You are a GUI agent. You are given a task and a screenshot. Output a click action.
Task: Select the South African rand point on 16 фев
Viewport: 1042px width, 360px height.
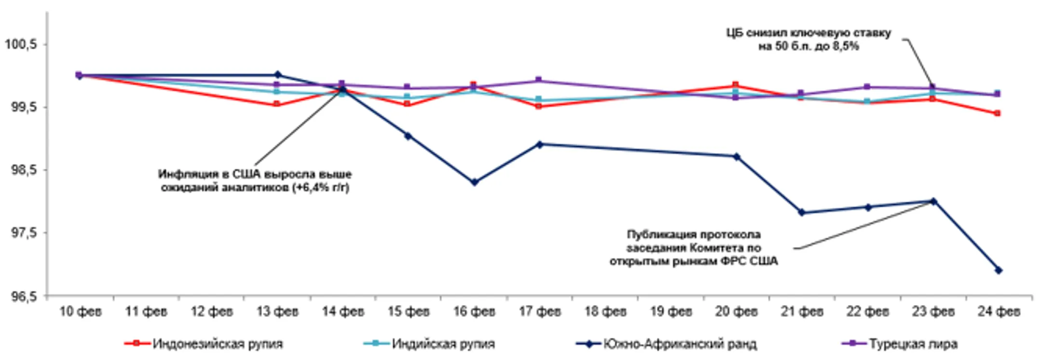click(474, 182)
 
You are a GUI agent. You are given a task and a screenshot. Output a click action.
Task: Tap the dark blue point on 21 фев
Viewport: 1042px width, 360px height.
click(802, 212)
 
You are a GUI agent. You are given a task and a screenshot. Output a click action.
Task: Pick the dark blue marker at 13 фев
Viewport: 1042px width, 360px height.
click(277, 75)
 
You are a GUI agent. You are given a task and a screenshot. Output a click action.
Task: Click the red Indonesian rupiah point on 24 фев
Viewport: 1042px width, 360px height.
click(997, 113)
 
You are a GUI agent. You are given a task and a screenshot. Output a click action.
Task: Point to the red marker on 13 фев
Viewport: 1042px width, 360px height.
click(277, 104)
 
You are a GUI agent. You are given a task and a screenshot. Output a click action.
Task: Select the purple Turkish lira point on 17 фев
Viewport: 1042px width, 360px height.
click(539, 80)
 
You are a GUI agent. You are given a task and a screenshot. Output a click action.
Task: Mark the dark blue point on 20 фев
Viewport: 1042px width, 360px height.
click(737, 157)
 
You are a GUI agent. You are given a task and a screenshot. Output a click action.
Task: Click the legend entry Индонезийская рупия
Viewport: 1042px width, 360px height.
click(217, 344)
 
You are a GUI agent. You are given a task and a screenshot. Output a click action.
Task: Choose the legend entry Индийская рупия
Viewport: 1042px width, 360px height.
click(443, 344)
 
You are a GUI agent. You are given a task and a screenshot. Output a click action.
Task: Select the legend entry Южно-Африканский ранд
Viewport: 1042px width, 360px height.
click(680, 344)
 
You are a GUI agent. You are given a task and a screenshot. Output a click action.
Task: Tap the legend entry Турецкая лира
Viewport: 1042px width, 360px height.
click(913, 344)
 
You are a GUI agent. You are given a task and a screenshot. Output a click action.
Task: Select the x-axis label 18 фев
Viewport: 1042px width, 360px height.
click(605, 312)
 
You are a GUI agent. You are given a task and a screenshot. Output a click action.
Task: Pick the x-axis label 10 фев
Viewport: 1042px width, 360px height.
click(81, 312)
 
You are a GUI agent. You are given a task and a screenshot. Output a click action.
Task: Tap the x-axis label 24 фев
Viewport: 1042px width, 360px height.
click(999, 312)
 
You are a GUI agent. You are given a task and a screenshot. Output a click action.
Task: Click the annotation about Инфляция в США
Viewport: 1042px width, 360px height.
click(255, 180)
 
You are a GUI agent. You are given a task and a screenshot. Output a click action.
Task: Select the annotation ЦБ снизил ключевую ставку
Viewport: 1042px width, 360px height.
click(809, 40)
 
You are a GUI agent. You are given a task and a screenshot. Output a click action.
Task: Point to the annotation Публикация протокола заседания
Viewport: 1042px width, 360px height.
click(694, 248)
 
